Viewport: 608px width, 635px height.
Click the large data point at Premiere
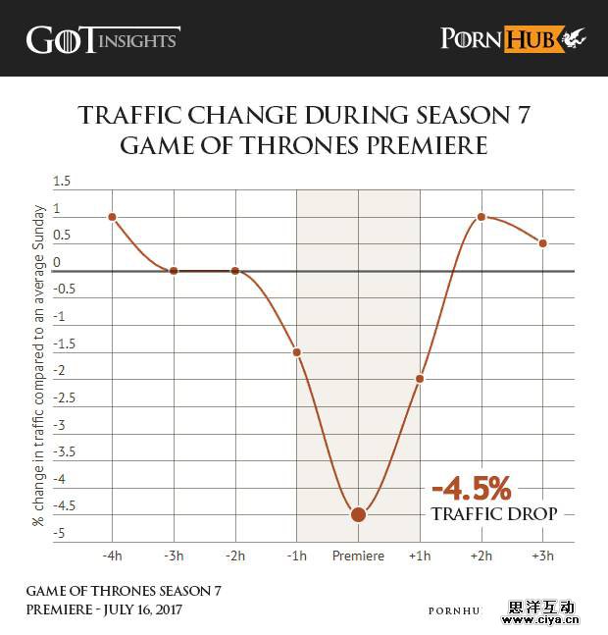tap(358, 513)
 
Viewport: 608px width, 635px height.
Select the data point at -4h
tap(112, 217)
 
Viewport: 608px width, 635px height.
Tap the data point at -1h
tap(296, 351)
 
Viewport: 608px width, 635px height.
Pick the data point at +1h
tap(420, 379)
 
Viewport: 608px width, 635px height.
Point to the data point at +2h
tap(481, 217)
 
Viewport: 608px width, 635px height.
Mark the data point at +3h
tap(543, 242)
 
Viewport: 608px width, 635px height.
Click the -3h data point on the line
tap(174, 271)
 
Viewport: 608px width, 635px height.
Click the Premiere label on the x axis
tap(358, 556)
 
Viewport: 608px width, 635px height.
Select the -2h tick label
tap(235, 556)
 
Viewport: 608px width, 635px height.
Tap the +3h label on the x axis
tap(543, 556)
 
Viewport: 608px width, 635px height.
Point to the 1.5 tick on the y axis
tap(63, 182)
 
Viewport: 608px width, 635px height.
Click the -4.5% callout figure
tap(472, 489)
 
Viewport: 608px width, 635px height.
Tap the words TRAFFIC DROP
tap(494, 513)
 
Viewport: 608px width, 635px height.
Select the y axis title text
tap(39, 365)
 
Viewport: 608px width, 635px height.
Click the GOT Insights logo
tap(102, 39)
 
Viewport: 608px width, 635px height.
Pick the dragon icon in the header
tap(574, 39)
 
